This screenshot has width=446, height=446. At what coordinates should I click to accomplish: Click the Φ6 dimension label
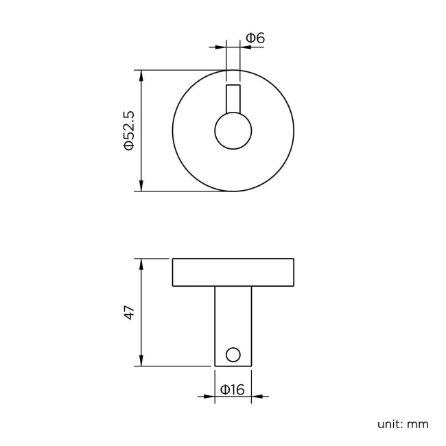[x=255, y=38]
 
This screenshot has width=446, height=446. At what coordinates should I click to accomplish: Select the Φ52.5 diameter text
[x=128, y=130]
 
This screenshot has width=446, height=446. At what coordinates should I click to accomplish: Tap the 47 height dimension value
[x=128, y=313]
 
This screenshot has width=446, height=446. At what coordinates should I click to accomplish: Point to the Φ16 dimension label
[x=233, y=390]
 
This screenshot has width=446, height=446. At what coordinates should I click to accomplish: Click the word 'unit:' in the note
[x=389, y=423]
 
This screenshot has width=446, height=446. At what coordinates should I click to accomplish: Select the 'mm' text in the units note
[x=418, y=423]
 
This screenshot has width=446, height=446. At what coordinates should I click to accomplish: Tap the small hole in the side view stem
[x=233, y=354]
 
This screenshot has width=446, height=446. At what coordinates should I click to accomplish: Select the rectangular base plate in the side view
[x=233, y=272]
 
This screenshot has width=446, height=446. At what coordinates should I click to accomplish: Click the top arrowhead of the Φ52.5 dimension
[x=141, y=75]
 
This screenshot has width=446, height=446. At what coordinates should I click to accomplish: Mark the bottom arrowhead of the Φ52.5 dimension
[x=141, y=186]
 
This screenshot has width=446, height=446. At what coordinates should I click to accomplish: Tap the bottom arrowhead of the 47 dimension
[x=141, y=361]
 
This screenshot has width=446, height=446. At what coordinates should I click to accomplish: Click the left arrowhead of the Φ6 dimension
[x=221, y=47]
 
